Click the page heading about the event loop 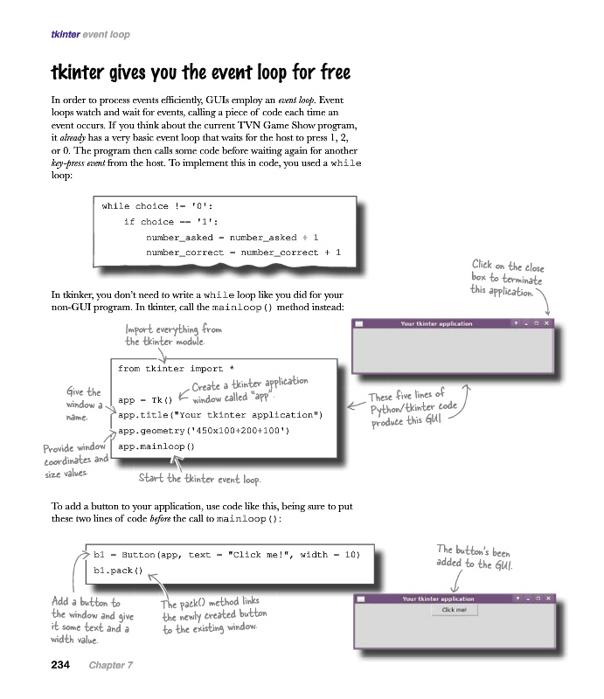201,70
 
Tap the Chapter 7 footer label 110,665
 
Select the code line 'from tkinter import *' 176,369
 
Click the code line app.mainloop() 156,446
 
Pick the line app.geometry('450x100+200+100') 203,430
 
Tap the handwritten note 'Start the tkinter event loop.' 199,479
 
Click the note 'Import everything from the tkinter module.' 173,335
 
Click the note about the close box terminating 507,277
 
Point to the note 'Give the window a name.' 84,404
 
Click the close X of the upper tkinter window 547,323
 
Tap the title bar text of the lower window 438,599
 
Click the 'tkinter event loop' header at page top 91,35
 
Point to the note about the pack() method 214,615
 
